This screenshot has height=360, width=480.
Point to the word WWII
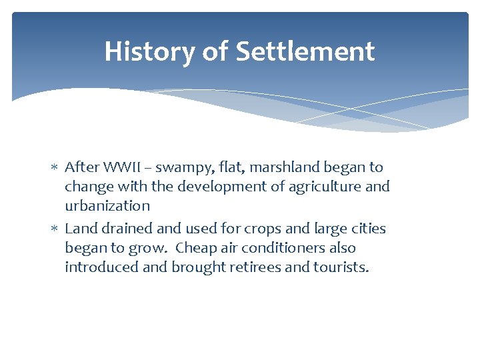pos(118,167)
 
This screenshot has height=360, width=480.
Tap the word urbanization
pos(107,206)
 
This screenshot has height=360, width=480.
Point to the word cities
pos(366,229)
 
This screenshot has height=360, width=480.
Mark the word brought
pos(195,268)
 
